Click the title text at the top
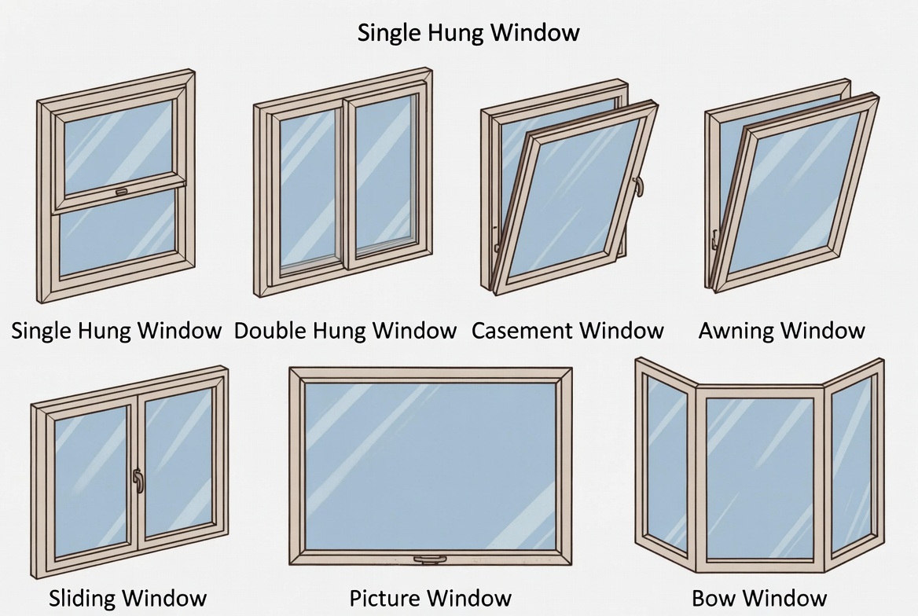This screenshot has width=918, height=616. point(468,32)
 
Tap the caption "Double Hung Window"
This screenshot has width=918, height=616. point(345,330)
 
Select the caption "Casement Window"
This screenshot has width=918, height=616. point(567,330)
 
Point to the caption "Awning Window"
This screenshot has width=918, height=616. point(781,330)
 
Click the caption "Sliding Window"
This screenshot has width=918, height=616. point(127,598)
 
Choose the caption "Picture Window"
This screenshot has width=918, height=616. point(430,598)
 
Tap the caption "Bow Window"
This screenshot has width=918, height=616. point(759,598)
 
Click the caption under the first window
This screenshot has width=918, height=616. point(116,330)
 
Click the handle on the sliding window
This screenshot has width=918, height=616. point(139,480)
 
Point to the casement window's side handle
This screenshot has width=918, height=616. point(639,185)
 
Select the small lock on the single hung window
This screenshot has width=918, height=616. point(121,191)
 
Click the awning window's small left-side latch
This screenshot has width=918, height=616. point(714,236)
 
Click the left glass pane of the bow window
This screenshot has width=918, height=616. point(666,464)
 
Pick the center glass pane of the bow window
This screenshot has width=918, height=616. point(758,477)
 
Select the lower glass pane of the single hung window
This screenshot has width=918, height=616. point(118,235)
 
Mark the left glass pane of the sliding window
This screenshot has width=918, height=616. point(90,480)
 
